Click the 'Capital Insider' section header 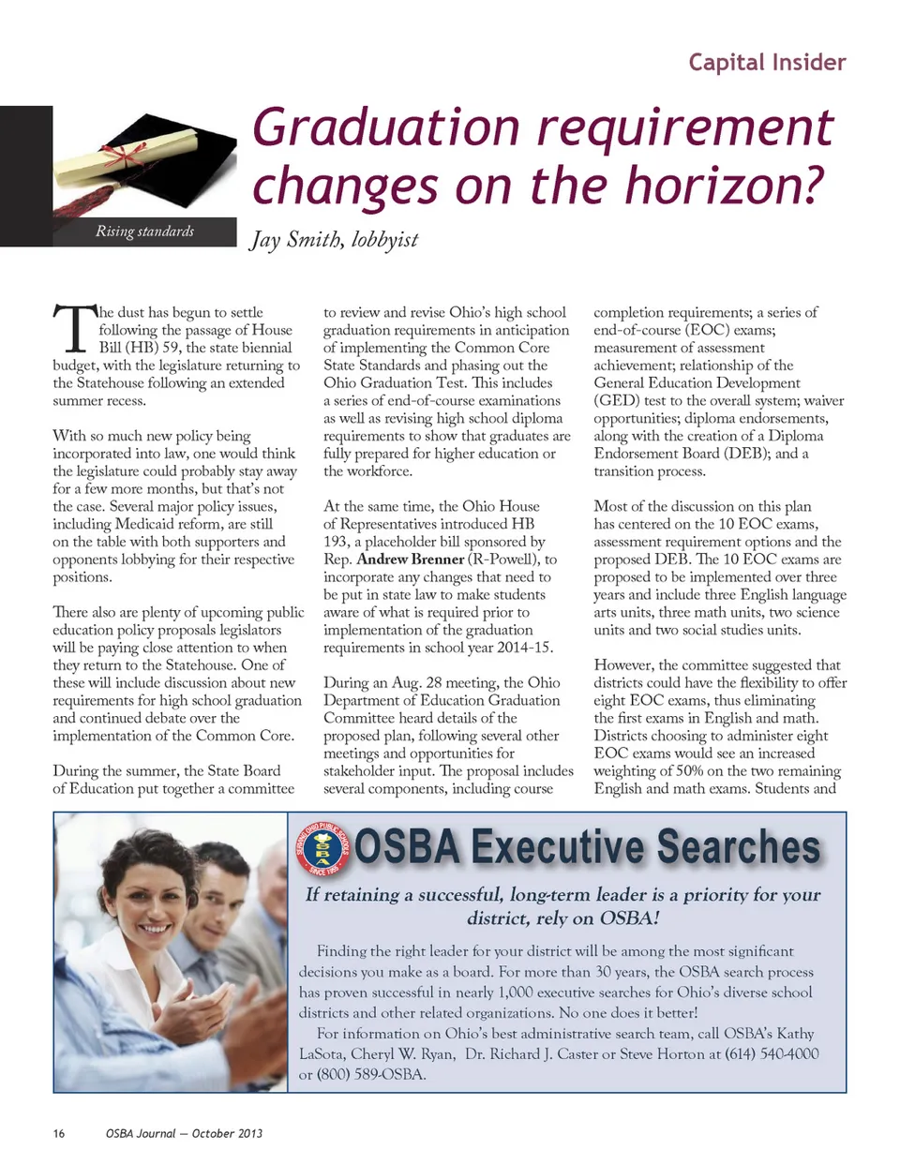(x=767, y=63)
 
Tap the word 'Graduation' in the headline (x=385, y=127)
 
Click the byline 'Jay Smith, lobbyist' (x=334, y=240)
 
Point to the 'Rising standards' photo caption (x=144, y=231)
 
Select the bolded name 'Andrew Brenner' (x=411, y=560)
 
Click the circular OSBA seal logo (x=323, y=846)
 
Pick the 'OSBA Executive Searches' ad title (x=588, y=846)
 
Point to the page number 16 (x=59, y=1133)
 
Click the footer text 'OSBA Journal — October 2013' (x=184, y=1133)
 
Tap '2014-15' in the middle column (x=525, y=648)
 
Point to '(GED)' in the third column (x=615, y=400)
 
